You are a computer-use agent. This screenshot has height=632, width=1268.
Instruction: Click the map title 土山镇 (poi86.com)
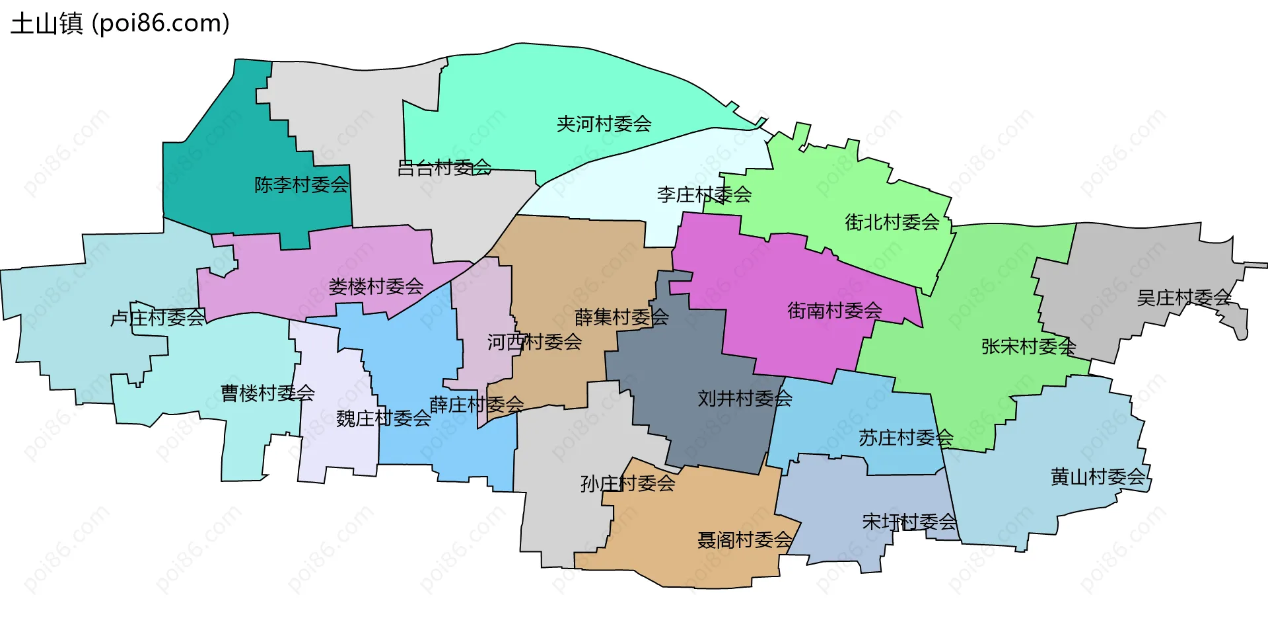[x=120, y=24]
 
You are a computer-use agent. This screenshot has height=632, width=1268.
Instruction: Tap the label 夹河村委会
[x=604, y=124]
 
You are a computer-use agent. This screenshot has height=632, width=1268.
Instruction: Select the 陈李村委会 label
[x=302, y=184]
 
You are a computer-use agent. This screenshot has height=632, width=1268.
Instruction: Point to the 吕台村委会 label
[x=444, y=168]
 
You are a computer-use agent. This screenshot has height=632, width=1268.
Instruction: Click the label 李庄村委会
[x=704, y=194]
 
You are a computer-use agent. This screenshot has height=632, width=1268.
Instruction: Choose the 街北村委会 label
[x=892, y=222]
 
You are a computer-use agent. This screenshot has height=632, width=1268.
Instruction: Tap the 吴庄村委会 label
[x=1184, y=298]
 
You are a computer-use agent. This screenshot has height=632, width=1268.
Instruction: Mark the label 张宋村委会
[x=1028, y=346]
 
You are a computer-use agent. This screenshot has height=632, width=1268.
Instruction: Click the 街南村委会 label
[x=835, y=310]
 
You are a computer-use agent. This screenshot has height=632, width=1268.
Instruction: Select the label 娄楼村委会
[x=376, y=286]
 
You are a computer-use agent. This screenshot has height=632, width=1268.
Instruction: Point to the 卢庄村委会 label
[x=158, y=318]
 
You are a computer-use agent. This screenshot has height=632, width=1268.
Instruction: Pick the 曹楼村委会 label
[x=267, y=393]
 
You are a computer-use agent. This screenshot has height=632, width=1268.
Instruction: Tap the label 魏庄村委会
[x=383, y=418]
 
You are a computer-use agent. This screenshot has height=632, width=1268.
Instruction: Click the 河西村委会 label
[x=534, y=342]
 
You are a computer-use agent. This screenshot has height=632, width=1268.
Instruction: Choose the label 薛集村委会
[x=621, y=317]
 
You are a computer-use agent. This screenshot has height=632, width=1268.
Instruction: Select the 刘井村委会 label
[x=745, y=399]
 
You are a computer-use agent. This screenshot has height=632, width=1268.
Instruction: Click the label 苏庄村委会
[x=905, y=438]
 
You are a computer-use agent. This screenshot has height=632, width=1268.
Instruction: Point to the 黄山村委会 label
[x=1098, y=477]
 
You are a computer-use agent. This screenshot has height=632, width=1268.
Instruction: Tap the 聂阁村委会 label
[x=745, y=540]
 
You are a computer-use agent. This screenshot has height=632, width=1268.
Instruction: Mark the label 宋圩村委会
[x=909, y=522]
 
